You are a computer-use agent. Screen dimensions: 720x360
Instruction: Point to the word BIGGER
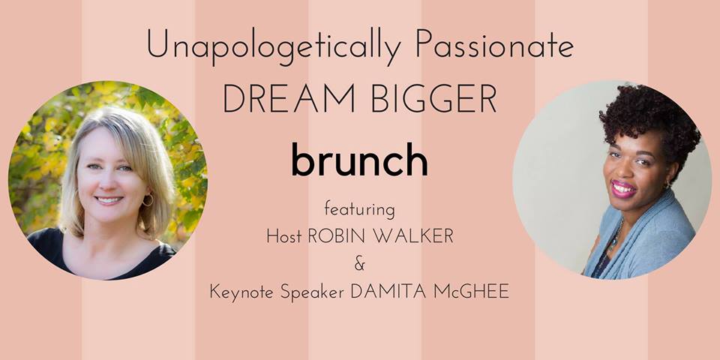[433, 99]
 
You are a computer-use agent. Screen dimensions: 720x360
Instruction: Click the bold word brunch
[359, 159]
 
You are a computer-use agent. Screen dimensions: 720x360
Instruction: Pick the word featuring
[359, 211]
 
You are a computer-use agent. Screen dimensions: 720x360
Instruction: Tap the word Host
[284, 236]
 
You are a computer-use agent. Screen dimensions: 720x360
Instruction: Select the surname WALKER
[410, 236]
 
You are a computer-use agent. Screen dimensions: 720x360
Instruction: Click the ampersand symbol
[359, 265]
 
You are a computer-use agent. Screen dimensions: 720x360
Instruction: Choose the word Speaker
[312, 292]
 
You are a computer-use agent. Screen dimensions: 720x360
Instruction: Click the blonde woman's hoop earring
[148, 199]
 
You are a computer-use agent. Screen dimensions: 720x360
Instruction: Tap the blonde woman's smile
[109, 200]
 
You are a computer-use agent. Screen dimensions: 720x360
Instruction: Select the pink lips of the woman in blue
[623, 189]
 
